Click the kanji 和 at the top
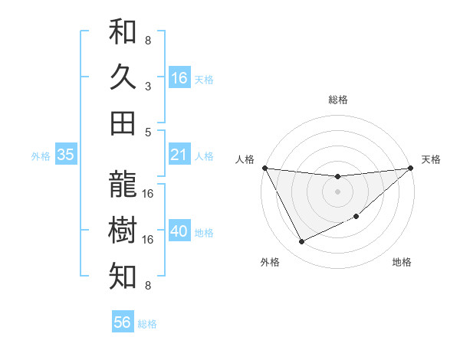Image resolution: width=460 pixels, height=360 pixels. (123, 32)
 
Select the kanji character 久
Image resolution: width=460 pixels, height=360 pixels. (123, 77)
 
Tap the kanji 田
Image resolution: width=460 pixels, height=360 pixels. (123, 123)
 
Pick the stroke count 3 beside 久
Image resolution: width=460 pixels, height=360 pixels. (148, 87)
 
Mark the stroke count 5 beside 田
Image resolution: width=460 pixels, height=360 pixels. (148, 132)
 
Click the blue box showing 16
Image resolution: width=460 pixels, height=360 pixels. (179, 78)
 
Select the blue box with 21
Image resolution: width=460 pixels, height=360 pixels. (179, 155)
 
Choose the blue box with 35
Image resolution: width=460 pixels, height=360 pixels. (66, 155)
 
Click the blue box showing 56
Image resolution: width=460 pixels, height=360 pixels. (123, 322)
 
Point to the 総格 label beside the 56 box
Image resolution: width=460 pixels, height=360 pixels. (147, 324)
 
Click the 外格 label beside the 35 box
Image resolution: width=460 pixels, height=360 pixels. (41, 156)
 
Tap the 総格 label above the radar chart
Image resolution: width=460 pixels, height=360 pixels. (338, 100)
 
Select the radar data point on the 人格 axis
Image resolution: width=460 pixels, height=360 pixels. (264, 168)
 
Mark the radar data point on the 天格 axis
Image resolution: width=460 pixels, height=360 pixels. (410, 169)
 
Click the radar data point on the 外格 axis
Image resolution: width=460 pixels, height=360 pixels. (301, 242)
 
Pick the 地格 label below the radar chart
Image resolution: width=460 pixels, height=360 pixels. (402, 263)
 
